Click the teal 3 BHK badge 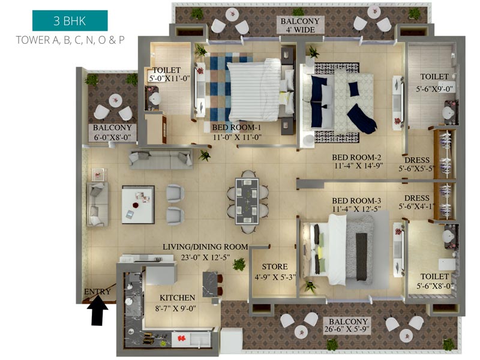70,20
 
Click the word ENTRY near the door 97,292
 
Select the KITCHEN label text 177,298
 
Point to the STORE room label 275,266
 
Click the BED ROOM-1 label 236,127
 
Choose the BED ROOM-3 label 356,201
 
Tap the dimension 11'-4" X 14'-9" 358,166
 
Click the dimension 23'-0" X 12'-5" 205,257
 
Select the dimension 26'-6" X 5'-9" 347,329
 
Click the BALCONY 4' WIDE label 300,25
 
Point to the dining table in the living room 247,202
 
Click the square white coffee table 138,205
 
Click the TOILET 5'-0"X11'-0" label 169,74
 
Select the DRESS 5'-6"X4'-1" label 417,202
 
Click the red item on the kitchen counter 182,338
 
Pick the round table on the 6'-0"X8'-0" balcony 115,100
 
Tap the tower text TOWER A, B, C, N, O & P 70,40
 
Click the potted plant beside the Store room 239,264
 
